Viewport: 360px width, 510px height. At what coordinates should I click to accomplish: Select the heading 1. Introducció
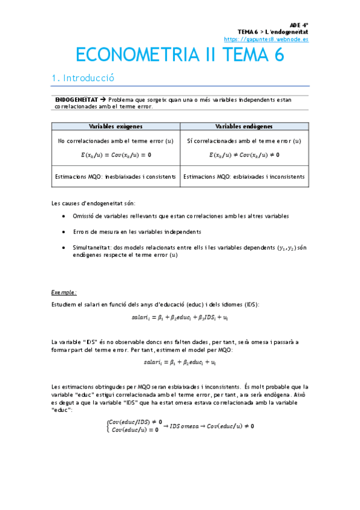[x=83, y=78]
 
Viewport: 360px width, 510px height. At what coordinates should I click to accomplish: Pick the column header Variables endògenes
[x=244, y=126]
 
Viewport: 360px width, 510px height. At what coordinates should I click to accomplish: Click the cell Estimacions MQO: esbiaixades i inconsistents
[x=244, y=177]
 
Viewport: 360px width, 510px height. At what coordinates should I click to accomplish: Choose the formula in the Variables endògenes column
[x=244, y=155]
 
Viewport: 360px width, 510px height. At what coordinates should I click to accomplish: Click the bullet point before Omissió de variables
[x=65, y=215]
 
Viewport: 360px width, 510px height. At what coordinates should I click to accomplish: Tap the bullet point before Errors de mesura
[x=65, y=232]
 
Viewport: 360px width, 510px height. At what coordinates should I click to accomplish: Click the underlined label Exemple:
[x=64, y=292]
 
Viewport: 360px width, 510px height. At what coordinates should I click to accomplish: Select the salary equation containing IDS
[x=180, y=317]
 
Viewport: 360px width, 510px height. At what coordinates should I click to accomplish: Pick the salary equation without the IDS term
[x=180, y=362]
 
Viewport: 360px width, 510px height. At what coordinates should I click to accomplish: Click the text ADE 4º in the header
[x=299, y=24]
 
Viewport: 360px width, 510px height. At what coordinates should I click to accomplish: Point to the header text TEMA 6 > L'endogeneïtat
[x=273, y=31]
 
